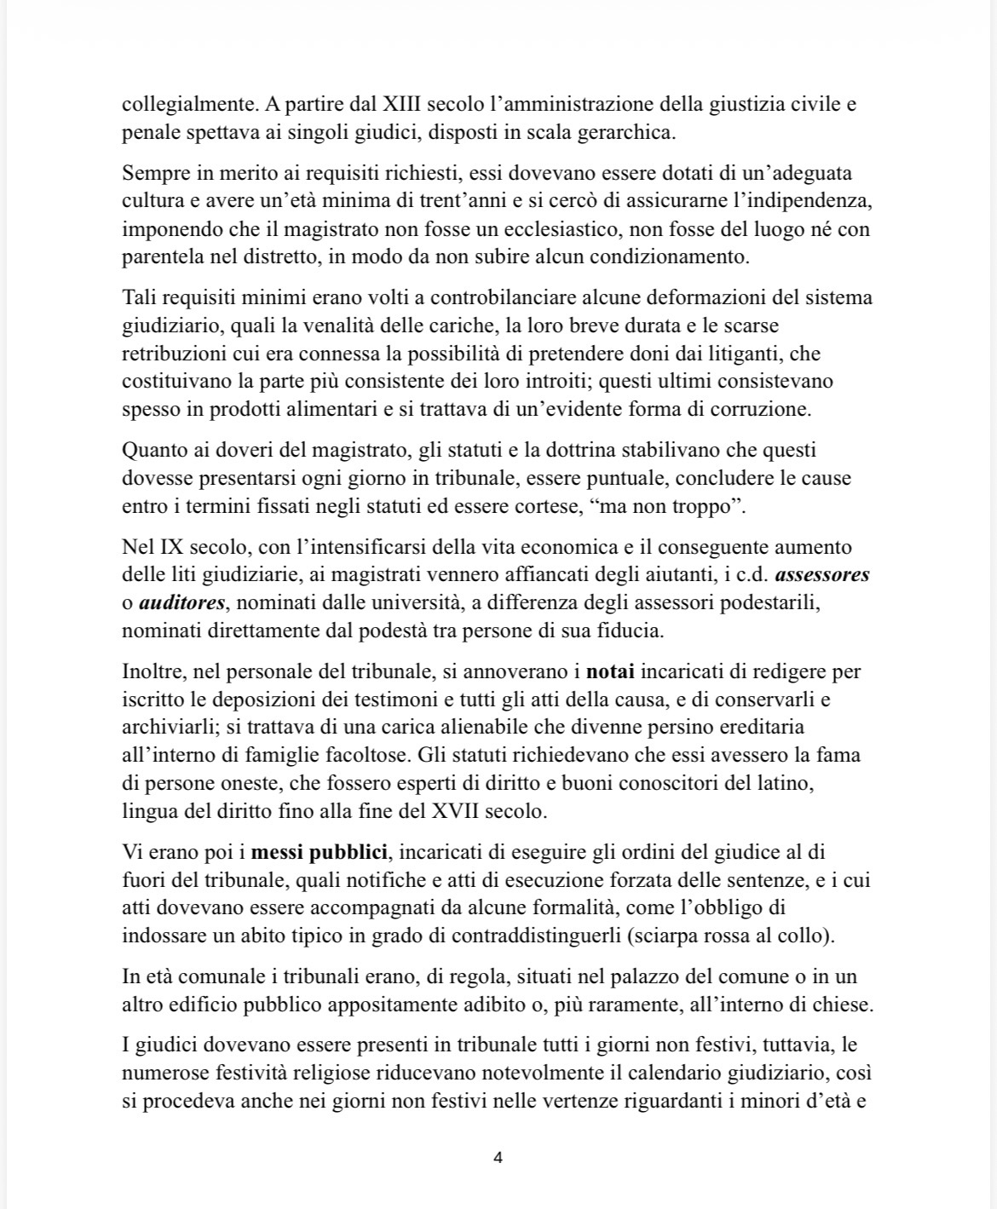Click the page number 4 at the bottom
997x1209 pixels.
click(x=498, y=1158)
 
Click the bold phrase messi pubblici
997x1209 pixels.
click(x=320, y=852)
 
